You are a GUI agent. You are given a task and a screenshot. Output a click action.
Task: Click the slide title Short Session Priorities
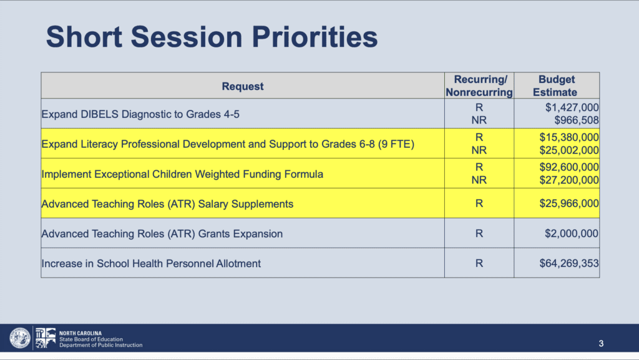point(212,37)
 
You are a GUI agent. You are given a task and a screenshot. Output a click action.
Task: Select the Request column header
point(243,86)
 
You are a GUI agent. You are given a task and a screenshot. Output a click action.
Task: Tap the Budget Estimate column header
point(556,85)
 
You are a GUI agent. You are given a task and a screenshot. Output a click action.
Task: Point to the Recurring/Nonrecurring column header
point(479,85)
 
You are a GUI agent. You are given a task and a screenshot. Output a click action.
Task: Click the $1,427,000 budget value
point(572,107)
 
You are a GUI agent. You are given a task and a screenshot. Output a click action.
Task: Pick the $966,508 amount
point(576,120)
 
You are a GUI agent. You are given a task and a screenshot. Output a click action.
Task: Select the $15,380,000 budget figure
point(569,137)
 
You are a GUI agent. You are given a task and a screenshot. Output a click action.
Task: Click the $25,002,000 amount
point(569,150)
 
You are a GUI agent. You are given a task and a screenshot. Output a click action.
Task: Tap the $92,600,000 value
point(569,167)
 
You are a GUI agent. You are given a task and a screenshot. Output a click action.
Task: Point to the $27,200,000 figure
point(569,180)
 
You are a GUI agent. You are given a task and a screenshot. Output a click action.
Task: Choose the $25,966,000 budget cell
point(569,203)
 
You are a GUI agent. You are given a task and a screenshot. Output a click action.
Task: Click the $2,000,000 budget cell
point(572,233)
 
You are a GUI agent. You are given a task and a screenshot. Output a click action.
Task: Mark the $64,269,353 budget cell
point(569,263)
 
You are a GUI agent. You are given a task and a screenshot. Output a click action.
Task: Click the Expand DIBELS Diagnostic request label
point(140,114)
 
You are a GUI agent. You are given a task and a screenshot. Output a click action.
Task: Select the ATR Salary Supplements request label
point(167,204)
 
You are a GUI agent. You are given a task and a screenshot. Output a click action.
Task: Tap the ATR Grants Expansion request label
point(162,234)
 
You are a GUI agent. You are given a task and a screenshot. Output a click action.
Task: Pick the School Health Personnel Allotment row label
point(151,263)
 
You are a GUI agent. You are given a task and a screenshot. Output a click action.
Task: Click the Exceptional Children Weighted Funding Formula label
point(182,174)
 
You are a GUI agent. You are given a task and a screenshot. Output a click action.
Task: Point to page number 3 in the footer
point(601,344)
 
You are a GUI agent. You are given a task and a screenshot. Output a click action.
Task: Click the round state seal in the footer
point(19,338)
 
